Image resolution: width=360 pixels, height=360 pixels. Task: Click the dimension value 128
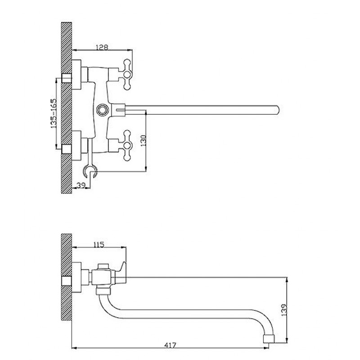point(102,47)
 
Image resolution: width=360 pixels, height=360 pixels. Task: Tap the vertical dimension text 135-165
point(53,113)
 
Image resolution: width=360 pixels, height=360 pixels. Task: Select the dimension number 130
point(144,141)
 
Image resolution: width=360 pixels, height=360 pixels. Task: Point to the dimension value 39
point(81,185)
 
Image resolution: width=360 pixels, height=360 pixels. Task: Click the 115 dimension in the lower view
point(99,244)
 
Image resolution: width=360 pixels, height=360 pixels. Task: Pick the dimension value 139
point(284,310)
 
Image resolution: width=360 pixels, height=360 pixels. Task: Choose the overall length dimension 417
point(171,351)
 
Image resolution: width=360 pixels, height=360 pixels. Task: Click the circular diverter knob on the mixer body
point(102,109)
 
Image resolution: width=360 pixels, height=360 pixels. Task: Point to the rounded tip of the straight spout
point(278,110)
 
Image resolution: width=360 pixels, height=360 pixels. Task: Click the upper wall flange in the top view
point(76,75)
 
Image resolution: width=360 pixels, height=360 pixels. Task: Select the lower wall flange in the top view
point(76,145)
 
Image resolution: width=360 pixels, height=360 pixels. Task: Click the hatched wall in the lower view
point(67,277)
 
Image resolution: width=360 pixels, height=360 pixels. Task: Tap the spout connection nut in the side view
point(103,291)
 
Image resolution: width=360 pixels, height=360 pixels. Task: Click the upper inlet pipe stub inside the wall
point(67,78)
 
